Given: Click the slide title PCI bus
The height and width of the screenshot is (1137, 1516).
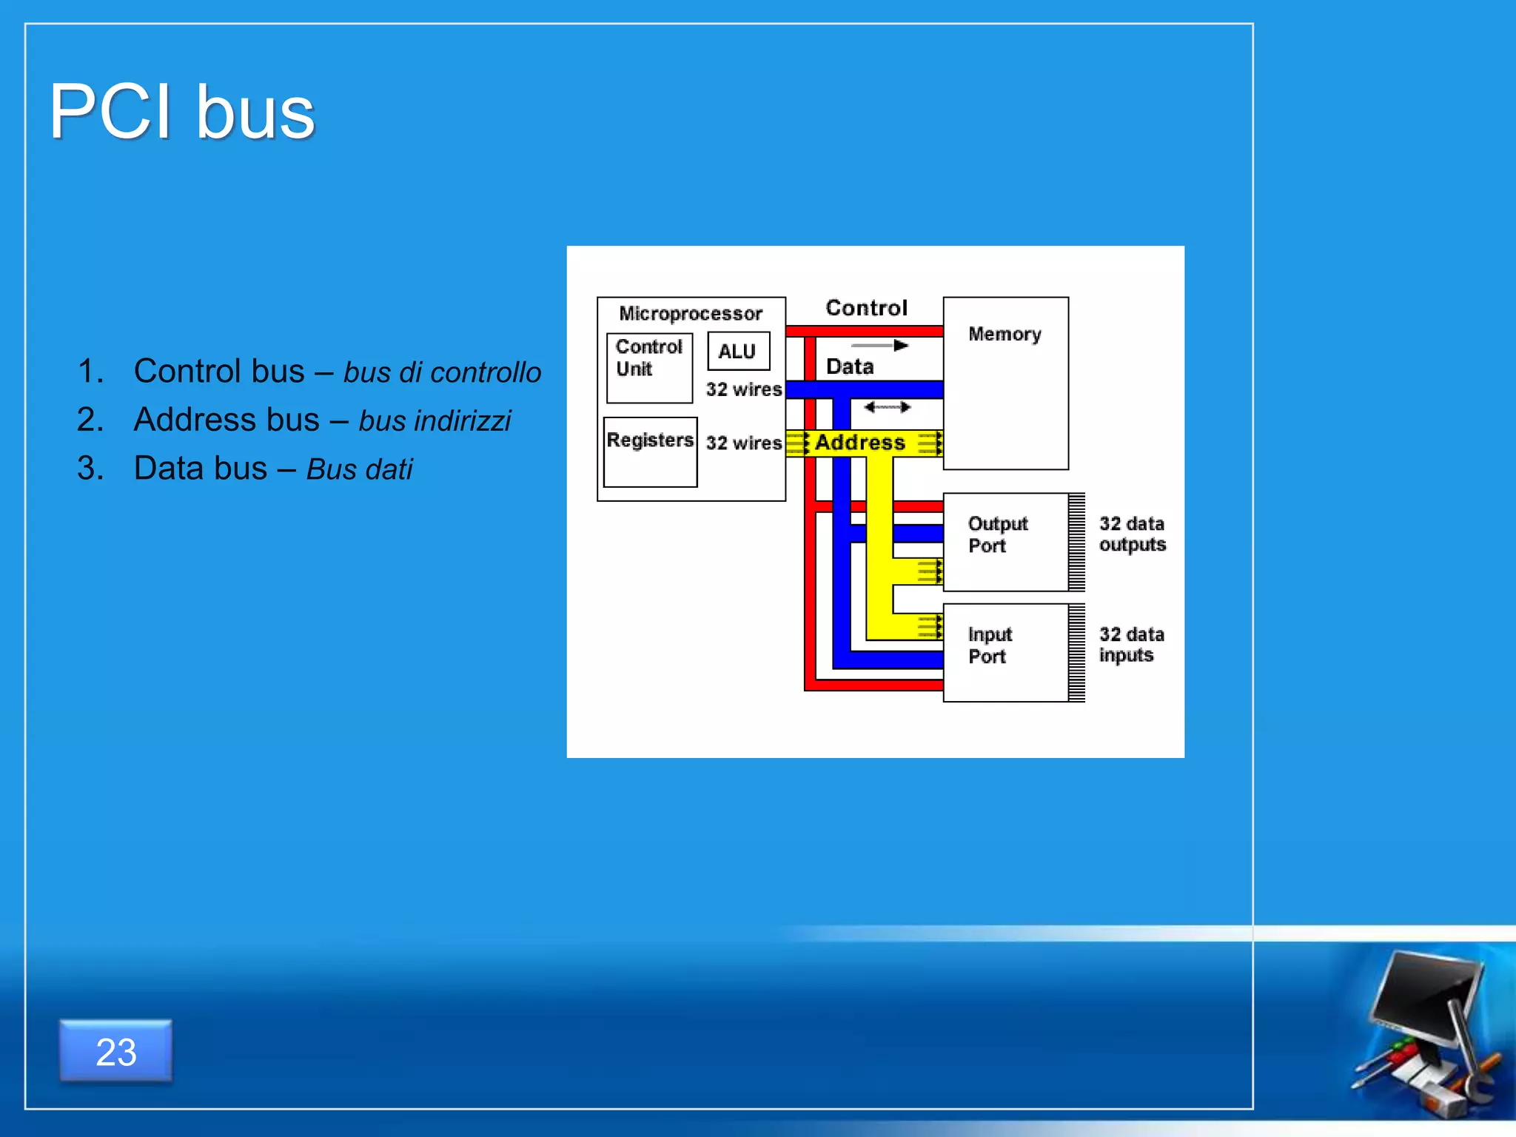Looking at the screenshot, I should (x=182, y=113).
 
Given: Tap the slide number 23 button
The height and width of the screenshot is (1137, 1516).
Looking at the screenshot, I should (x=116, y=1051).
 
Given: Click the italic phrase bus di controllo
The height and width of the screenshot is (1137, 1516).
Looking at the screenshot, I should (x=442, y=372).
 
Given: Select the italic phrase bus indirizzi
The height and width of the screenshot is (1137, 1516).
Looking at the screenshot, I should (x=435, y=420).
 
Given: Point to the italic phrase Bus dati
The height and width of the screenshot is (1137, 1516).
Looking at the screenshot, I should (x=359, y=469).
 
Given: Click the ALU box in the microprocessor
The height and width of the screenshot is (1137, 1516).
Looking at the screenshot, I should (x=738, y=352).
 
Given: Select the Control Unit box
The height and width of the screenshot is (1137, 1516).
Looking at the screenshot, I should (x=649, y=367).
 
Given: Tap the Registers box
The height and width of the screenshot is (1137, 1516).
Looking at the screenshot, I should (x=650, y=452).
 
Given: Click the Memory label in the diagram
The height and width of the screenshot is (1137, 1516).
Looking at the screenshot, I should (x=1004, y=334).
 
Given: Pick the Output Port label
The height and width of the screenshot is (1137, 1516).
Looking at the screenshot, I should (x=997, y=534).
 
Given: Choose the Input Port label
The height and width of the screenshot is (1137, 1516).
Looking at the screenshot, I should (x=989, y=645).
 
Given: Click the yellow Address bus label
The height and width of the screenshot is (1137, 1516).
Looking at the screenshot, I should (x=859, y=443).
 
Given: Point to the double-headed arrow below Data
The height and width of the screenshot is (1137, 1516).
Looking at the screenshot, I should (x=887, y=406).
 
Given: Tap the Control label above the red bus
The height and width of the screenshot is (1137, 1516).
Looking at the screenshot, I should (x=866, y=308).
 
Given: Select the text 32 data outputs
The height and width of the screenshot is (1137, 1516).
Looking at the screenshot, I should (x=1132, y=534).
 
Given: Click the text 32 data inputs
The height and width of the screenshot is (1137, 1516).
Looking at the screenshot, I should (x=1131, y=645).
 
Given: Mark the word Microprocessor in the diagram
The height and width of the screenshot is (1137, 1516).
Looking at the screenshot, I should (x=690, y=314).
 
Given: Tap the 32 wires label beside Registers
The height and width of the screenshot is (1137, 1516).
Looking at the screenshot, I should (x=743, y=443).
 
